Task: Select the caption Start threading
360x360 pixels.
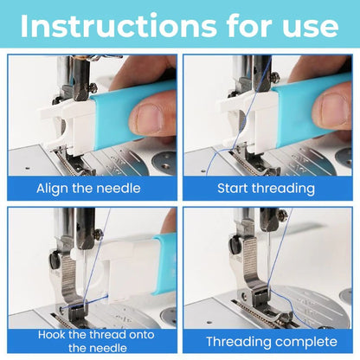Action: click(268, 188)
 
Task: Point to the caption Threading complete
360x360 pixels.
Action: click(268, 341)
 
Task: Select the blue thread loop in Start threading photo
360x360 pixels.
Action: click(208, 156)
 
